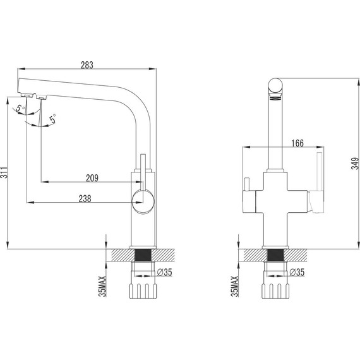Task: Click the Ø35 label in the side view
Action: pos(165,272)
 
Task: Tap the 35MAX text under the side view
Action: pos(103,285)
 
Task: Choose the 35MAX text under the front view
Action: pos(234,285)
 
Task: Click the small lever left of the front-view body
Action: pos(246,186)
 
